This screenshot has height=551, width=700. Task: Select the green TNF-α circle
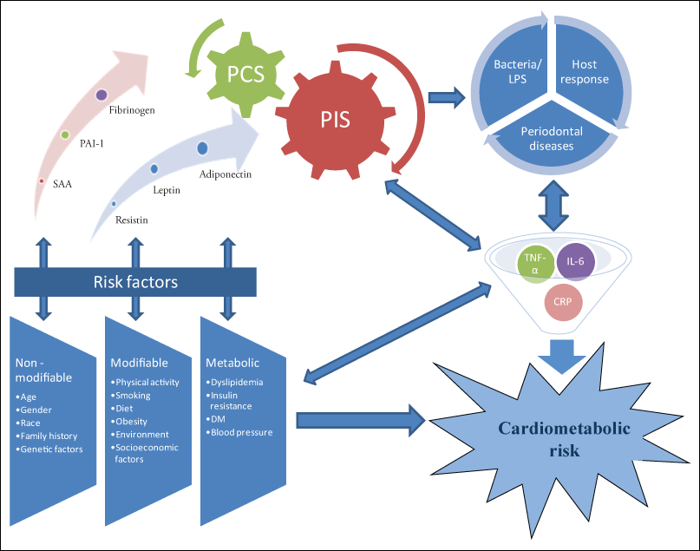pos(535,264)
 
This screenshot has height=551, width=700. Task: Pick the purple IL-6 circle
pos(575,260)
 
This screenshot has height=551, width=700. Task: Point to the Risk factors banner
pos(136,281)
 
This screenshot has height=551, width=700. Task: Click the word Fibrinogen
pos(132,111)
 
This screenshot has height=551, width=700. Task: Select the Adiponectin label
pos(225,174)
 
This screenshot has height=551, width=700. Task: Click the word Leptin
pos(166,190)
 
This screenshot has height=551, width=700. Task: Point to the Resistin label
pos(131,220)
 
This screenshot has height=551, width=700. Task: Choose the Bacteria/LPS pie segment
pos(516,72)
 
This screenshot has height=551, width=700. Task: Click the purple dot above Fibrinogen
pos(101,94)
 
